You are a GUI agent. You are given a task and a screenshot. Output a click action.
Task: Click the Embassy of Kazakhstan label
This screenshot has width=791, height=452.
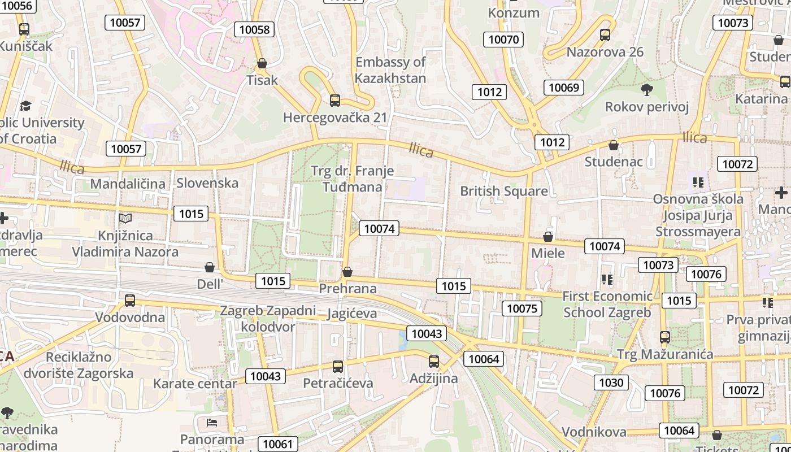390,70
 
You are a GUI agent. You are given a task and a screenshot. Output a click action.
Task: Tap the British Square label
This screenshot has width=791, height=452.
504,191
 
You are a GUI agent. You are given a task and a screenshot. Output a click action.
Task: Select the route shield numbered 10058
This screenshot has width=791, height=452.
254,29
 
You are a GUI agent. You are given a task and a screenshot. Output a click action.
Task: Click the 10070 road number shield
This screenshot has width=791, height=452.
503,39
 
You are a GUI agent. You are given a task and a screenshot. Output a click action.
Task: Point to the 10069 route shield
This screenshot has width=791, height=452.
563,87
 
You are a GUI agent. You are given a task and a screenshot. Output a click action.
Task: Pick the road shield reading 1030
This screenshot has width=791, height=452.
611,383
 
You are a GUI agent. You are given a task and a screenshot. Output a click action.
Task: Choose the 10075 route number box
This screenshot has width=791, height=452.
521,308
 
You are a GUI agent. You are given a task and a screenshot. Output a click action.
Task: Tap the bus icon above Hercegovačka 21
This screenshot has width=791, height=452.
335,101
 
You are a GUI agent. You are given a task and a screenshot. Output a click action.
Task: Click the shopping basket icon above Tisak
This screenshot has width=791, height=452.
262,63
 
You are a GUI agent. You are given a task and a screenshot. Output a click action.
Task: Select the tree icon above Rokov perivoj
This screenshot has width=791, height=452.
647,89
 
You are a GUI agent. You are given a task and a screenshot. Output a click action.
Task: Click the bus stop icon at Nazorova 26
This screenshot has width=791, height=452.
605,35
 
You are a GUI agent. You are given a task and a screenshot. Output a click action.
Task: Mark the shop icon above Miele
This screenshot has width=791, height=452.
547,236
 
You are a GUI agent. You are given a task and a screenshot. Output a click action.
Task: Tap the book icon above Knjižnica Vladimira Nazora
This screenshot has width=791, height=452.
125,218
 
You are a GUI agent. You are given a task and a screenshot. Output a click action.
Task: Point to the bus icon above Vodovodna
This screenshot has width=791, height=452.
130,300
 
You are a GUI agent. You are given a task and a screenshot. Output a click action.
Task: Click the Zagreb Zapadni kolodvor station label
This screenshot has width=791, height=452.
268,319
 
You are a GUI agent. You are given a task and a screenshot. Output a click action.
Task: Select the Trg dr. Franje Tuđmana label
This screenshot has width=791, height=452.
353,179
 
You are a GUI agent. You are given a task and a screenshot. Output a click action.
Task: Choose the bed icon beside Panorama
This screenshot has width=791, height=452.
212,422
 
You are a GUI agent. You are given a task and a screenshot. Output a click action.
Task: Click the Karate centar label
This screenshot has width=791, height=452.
195,384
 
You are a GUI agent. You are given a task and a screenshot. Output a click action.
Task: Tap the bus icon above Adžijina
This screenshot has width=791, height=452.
433,362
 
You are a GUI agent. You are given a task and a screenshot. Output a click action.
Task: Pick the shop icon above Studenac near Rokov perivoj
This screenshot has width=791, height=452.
614,145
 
